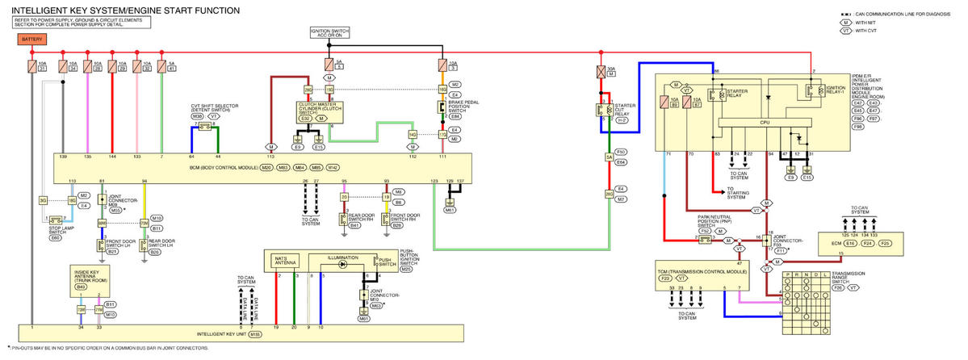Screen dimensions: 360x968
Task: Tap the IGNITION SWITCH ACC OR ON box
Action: coord(329,32)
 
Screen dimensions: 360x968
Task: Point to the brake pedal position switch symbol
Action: coord(442,107)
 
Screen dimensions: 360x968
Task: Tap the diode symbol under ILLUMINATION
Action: coord(342,264)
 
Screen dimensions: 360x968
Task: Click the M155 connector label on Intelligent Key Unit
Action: coord(255,334)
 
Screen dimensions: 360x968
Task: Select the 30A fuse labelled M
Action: coord(601,72)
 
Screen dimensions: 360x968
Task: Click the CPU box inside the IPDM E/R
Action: coord(762,122)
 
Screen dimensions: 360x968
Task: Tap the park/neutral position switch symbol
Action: coord(705,240)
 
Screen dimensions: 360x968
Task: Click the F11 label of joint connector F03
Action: coord(782,251)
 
